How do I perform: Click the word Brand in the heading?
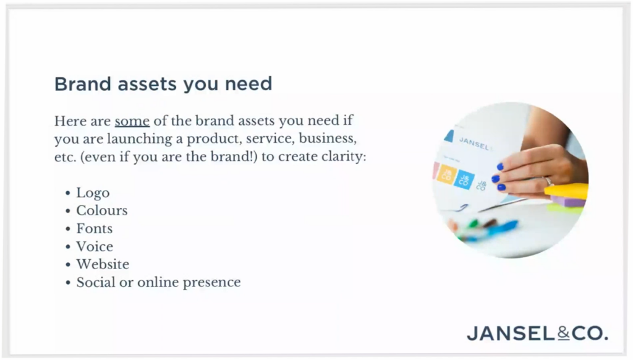[x=83, y=84]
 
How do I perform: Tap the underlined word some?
[x=132, y=121]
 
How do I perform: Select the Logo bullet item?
[x=93, y=193]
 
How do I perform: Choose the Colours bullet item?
[x=102, y=210]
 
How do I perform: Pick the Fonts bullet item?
[x=95, y=229]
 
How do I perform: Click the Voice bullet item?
[x=95, y=246]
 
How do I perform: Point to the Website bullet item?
[x=103, y=264]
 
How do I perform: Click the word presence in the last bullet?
[x=211, y=283]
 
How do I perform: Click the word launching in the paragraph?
[x=140, y=139]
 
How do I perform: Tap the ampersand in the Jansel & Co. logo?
[x=564, y=333]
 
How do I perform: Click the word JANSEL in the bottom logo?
[x=512, y=333]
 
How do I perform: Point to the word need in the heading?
[x=249, y=84]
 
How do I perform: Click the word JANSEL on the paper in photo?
[x=474, y=144]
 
